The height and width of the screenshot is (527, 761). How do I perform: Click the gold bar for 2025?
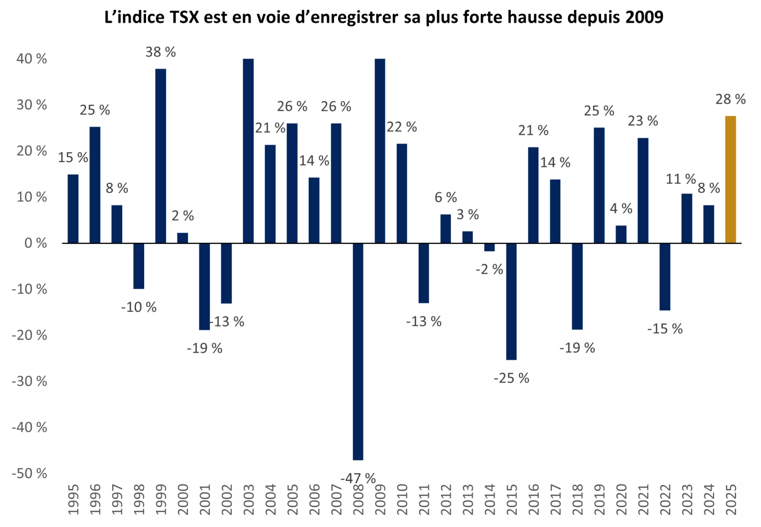tap(730, 180)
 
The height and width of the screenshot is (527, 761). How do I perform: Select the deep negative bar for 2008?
tap(358, 352)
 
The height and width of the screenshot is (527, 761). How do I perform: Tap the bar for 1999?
tap(161, 156)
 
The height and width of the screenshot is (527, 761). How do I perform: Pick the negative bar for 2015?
tap(511, 301)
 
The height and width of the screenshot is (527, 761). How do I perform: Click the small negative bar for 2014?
tap(489, 247)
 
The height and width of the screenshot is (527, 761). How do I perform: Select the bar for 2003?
tap(248, 151)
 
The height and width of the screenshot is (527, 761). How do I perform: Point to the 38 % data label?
tap(161, 52)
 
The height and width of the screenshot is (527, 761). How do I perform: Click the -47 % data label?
tap(358, 478)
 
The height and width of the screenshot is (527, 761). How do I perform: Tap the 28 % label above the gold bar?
tap(730, 99)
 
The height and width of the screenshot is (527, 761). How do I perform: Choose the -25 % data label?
tap(511, 378)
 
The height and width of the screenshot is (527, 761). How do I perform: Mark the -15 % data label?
tap(664, 329)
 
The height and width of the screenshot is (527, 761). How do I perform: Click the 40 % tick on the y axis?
tap(32, 59)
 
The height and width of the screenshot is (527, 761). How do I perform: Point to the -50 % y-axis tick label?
tap(29, 473)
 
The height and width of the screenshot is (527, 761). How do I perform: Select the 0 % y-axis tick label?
tap(36, 243)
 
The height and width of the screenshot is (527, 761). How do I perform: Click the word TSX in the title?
tap(181, 17)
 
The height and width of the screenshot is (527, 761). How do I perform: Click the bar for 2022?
tap(664, 277)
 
